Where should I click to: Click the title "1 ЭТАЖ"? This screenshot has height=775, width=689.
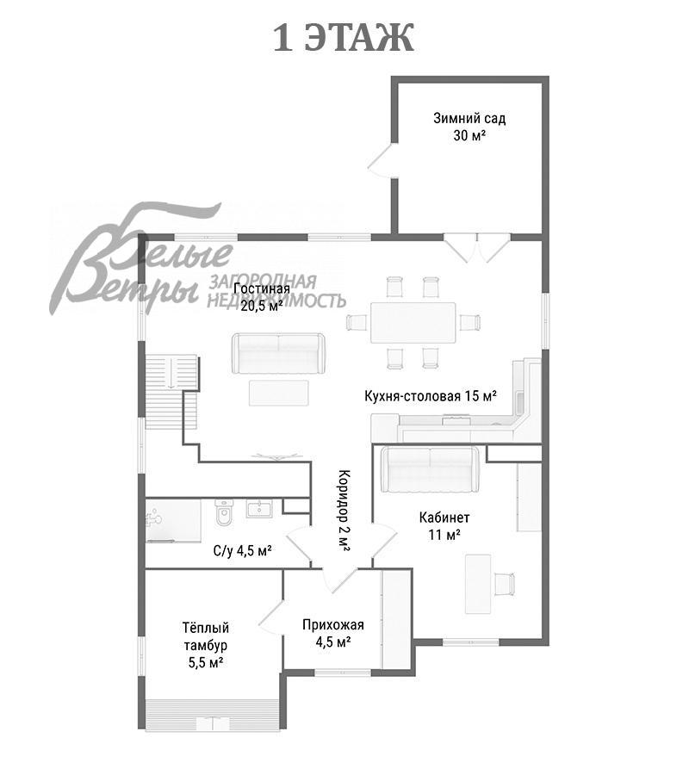[x=344, y=38]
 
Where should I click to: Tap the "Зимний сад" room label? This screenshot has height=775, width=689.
[x=469, y=119]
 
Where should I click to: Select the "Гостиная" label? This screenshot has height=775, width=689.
[x=262, y=288]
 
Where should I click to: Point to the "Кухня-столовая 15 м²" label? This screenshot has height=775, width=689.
[x=431, y=396]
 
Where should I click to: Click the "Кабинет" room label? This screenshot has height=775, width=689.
[x=444, y=518]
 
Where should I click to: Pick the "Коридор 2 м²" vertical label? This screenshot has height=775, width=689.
[x=344, y=511]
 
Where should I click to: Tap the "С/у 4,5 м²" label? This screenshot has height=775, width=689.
[x=242, y=550]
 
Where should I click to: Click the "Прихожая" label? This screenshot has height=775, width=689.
[x=333, y=625]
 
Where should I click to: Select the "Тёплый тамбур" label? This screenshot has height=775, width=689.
[x=206, y=636]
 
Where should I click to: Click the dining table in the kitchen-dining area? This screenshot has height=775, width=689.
[x=413, y=323]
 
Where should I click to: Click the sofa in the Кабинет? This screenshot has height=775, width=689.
[x=431, y=470]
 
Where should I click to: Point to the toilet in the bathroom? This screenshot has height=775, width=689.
[x=224, y=513]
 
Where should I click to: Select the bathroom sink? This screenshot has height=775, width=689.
[x=258, y=509]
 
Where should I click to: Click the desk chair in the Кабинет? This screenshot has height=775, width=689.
[x=504, y=583]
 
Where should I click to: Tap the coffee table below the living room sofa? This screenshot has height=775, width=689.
[x=279, y=393]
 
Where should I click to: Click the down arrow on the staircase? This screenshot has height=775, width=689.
[x=170, y=373]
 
